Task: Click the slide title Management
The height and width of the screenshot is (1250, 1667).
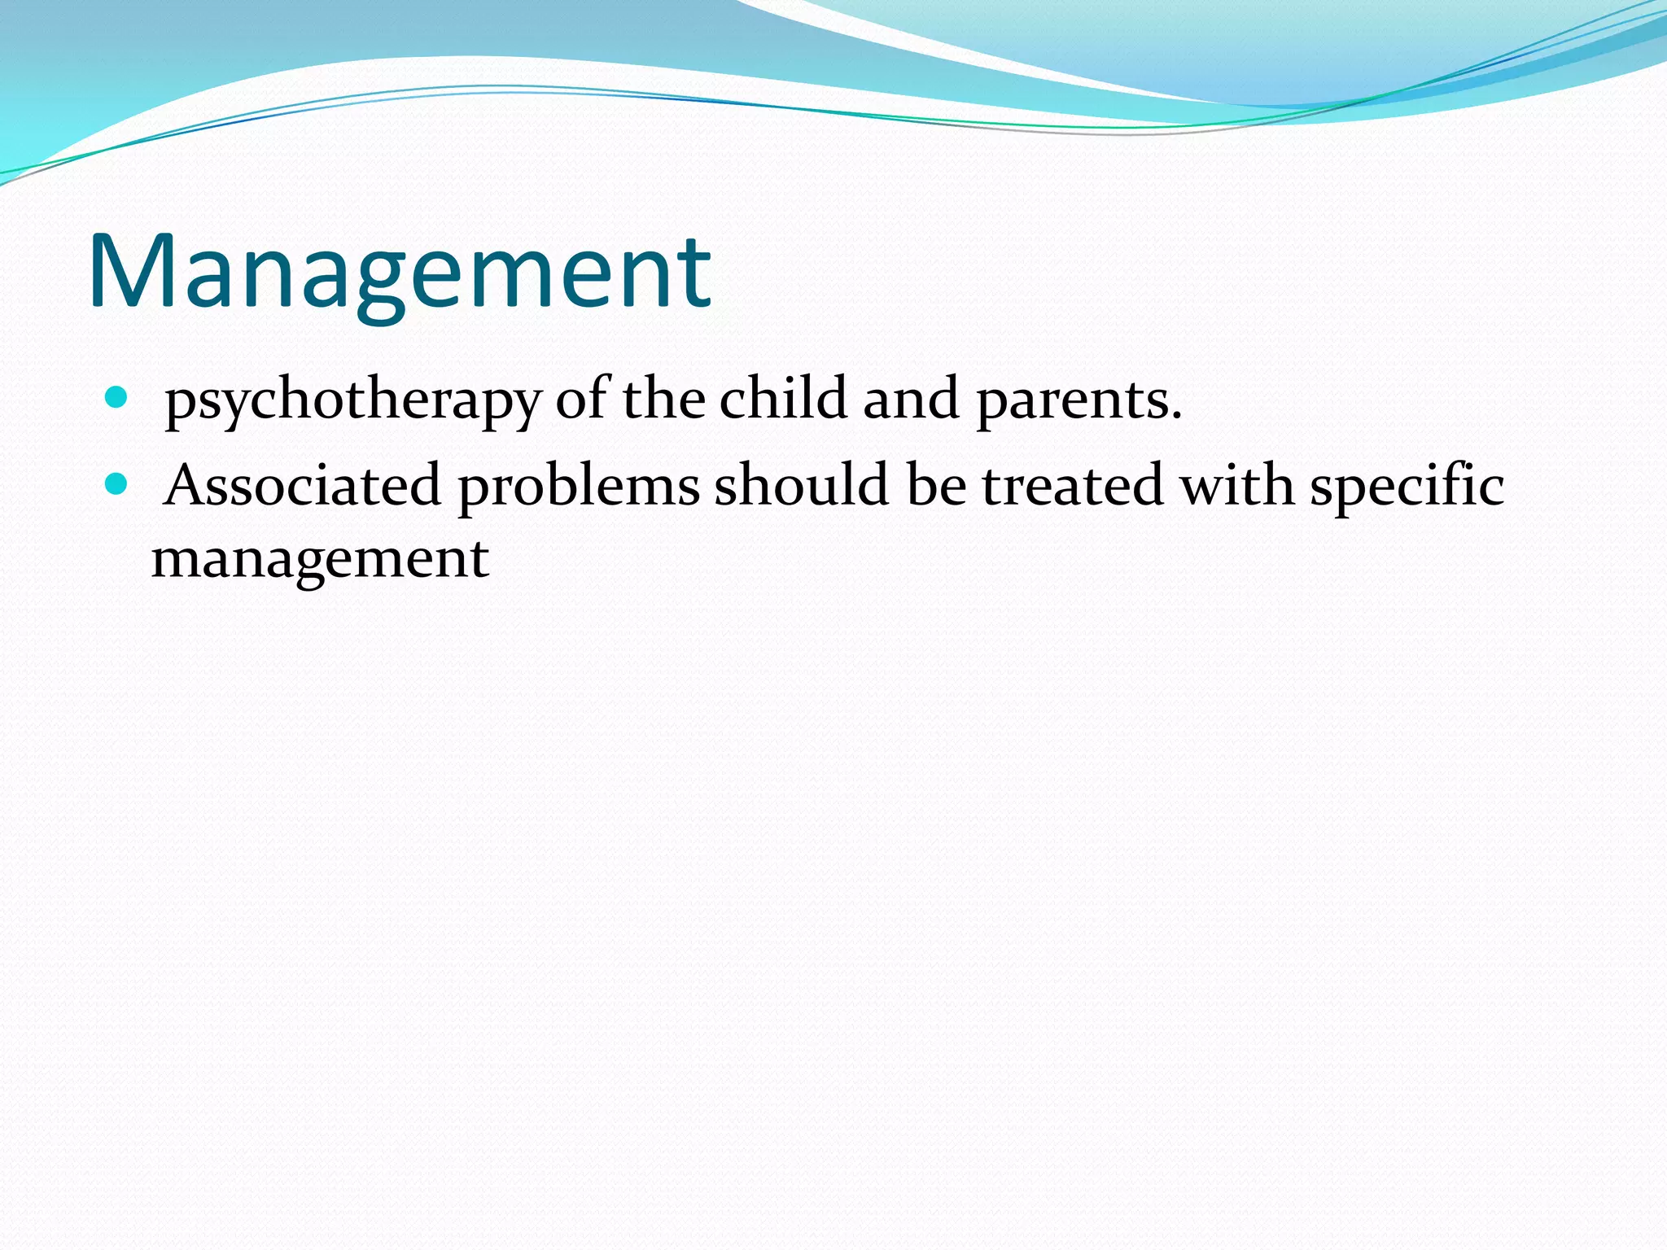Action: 399,273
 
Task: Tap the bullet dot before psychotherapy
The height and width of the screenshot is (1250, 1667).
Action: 117,397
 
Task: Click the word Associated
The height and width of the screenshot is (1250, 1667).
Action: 302,486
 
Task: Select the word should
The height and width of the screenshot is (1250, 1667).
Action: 802,486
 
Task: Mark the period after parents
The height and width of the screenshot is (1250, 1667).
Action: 1175,417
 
